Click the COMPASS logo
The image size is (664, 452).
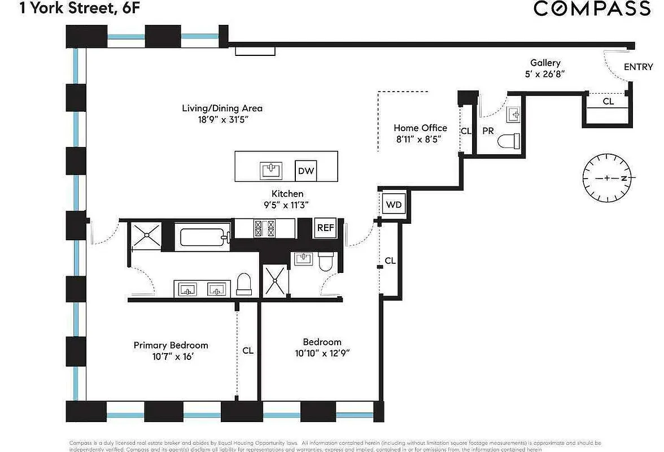[x=592, y=9]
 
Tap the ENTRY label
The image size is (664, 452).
[x=638, y=67]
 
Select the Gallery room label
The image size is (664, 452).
[x=545, y=63]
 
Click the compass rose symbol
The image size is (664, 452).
[x=607, y=178]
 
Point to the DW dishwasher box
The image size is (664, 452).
[x=306, y=171]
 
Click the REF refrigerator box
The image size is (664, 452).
[x=325, y=228]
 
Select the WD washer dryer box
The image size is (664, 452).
[x=394, y=204]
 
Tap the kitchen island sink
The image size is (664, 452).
[x=271, y=169]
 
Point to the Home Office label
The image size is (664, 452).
[x=420, y=128]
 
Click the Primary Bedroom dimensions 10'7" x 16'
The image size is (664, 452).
[x=171, y=357]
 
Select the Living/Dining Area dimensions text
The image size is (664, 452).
[x=222, y=120]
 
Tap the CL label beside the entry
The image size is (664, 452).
[x=608, y=102]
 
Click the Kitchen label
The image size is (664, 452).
[x=287, y=194]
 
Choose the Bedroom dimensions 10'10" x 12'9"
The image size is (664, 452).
[x=322, y=353]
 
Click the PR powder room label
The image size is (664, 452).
[x=488, y=131]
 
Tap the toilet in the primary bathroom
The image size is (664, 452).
[x=244, y=284]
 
